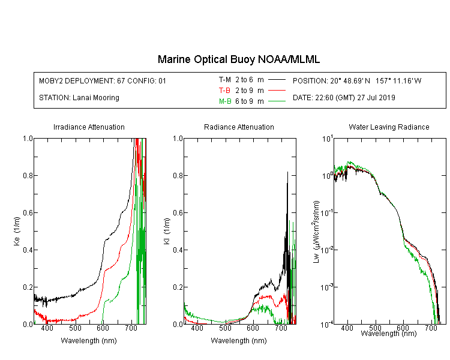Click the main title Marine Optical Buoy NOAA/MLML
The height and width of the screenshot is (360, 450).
click(238, 59)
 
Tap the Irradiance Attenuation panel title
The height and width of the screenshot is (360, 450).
click(89, 127)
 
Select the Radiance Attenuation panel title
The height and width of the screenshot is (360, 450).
click(239, 127)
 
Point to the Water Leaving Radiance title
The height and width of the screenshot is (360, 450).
click(389, 127)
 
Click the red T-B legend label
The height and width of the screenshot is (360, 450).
click(224, 91)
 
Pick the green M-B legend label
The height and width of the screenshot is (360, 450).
click(225, 101)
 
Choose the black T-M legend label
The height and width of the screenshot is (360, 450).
click(225, 80)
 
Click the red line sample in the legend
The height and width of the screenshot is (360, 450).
click(277, 91)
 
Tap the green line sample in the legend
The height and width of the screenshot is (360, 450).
click(277, 101)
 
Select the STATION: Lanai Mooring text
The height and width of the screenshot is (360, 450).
click(79, 98)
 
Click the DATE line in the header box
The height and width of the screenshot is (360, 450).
click(344, 98)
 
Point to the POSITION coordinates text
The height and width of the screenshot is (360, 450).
click(357, 80)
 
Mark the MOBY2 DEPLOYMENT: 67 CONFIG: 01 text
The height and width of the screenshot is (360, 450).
click(103, 80)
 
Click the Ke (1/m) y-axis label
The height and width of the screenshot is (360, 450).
click(17, 232)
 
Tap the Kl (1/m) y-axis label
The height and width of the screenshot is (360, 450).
click(167, 232)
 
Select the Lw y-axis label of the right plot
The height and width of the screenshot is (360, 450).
click(316, 232)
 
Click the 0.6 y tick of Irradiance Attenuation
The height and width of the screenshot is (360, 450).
click(28, 213)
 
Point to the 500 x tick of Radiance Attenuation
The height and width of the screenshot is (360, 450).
click(225, 328)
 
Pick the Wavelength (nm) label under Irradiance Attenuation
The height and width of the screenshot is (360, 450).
click(89, 340)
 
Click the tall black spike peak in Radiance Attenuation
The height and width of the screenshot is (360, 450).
click(287, 172)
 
